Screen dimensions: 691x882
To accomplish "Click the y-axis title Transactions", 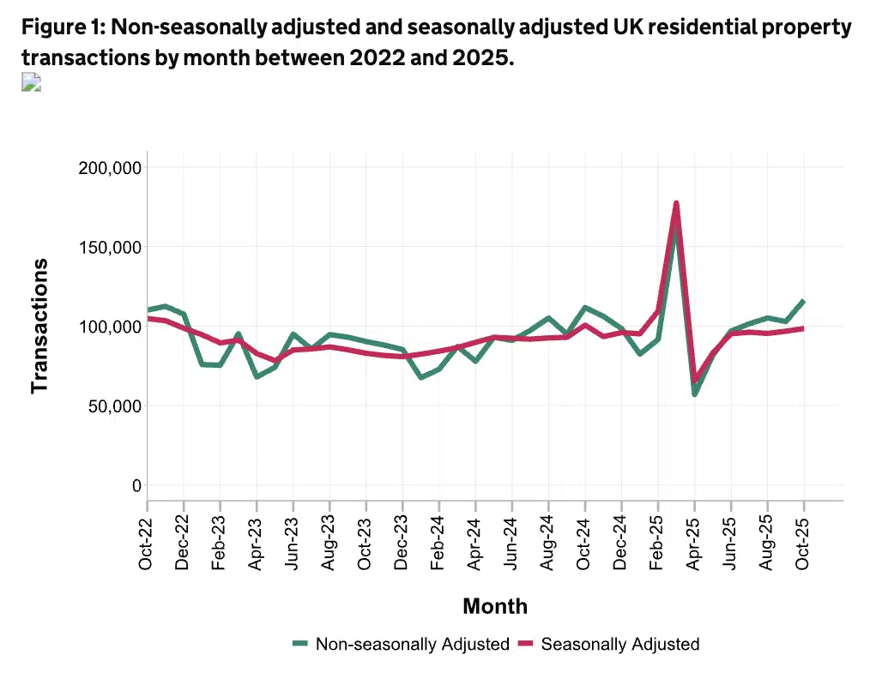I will [39, 326].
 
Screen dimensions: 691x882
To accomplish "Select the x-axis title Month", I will [495, 607].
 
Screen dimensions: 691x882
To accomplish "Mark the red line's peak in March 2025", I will [676, 203].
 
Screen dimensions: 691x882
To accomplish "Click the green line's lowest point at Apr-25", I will [694, 394].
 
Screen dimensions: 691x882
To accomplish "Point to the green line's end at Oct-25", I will [804, 301].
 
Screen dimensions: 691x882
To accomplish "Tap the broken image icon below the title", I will [31, 82].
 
